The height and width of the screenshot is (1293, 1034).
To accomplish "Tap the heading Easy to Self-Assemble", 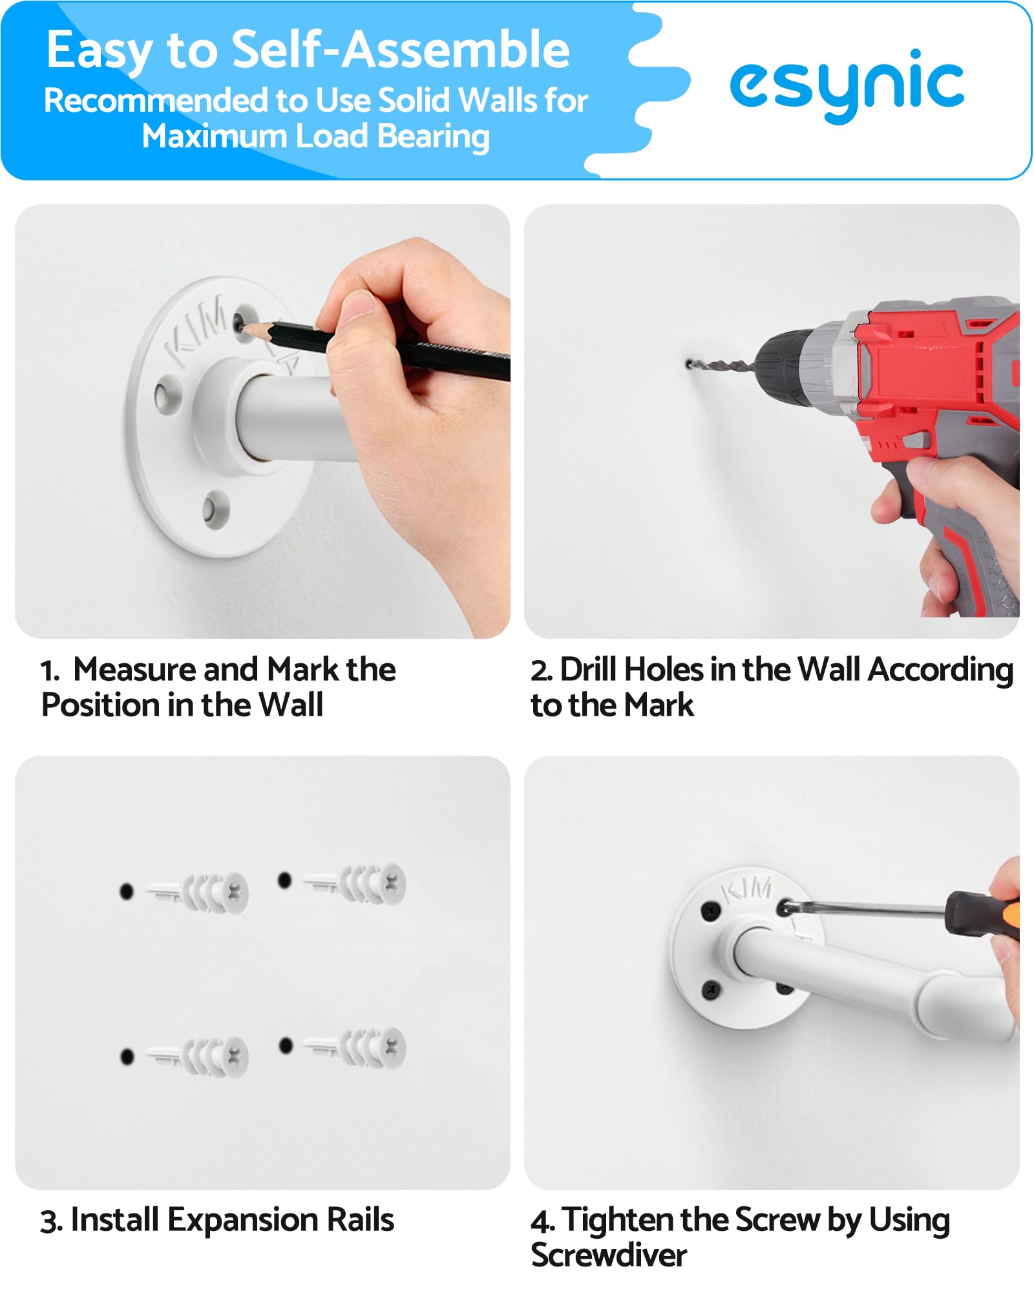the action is [x=308, y=50].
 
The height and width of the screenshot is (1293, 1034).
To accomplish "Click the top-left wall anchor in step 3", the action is [x=198, y=893].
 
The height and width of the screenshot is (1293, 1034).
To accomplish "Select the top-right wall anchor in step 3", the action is [x=355, y=884].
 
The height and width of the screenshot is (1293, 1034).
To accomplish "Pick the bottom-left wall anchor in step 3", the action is [x=198, y=1056].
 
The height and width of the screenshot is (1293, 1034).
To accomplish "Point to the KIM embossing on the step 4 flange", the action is [x=747, y=890].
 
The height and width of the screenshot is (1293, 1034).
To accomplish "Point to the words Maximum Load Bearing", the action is [x=315, y=136].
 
